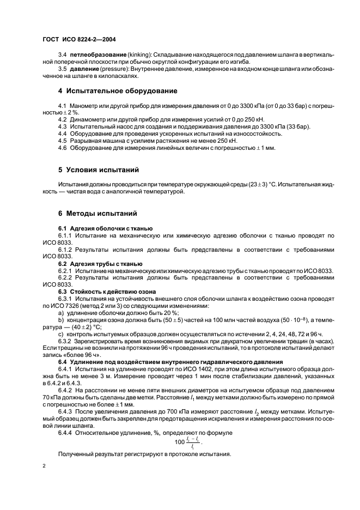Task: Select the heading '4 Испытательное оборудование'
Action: coord(117,90)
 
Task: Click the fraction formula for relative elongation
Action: coord(186,442)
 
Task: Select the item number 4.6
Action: coord(62,148)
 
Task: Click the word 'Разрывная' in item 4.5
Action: coord(84,141)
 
